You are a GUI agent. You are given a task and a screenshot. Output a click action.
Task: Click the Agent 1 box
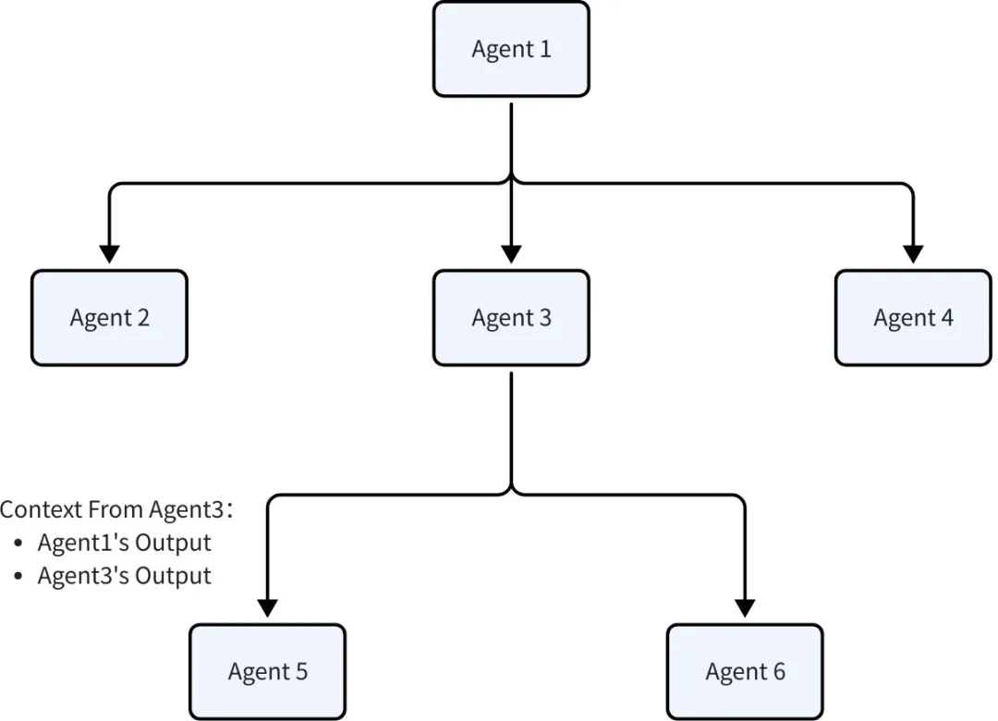(511, 49)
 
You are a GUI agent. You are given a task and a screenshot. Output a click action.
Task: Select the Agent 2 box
(109, 318)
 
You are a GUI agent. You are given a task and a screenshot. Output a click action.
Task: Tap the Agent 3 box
(511, 318)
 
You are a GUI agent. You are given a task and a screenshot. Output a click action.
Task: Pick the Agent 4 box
(913, 318)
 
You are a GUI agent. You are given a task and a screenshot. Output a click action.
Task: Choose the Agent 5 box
(268, 671)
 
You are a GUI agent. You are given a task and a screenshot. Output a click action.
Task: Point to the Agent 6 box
(745, 671)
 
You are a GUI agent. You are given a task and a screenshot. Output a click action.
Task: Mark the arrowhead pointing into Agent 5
(268, 608)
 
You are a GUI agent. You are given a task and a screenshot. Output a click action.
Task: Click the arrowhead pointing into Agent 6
(745, 608)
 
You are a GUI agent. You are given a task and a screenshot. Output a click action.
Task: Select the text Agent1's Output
(124, 543)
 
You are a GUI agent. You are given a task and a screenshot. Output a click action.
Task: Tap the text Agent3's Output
(124, 576)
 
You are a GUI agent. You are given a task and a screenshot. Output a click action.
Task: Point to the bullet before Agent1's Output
(18, 544)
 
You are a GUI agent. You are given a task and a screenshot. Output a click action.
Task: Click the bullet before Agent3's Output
(18, 577)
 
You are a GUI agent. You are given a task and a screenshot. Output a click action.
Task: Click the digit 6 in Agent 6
(779, 671)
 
